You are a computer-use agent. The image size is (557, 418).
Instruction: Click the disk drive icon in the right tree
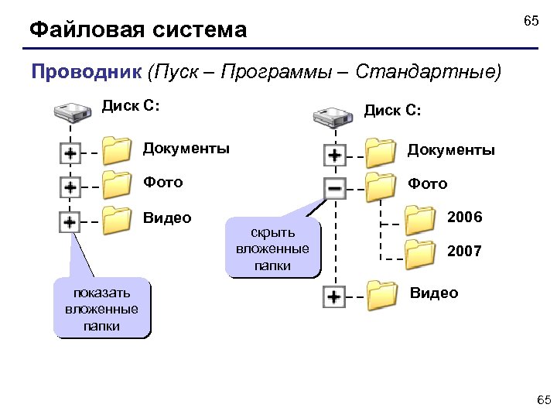pos(333,118)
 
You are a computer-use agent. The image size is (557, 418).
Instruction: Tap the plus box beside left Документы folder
pos(70,153)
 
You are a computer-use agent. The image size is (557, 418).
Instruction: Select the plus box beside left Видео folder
pos(70,222)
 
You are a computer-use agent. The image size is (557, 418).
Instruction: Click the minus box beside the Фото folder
pos(334,188)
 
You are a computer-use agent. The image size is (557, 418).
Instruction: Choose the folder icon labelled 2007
pos(422,254)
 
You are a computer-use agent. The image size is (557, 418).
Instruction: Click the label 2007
pos(464,251)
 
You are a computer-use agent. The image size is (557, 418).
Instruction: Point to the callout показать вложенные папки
pos(101,310)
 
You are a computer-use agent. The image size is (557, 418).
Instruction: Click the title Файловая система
pos(138,30)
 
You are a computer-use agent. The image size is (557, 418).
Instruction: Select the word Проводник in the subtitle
pos(86,73)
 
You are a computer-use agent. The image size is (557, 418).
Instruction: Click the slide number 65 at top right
pos(531,21)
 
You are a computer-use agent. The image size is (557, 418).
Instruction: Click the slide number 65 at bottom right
pos(544,399)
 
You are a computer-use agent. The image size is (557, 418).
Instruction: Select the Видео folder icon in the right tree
pos(381,295)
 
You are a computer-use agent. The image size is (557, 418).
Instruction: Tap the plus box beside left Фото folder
pos(70,188)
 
